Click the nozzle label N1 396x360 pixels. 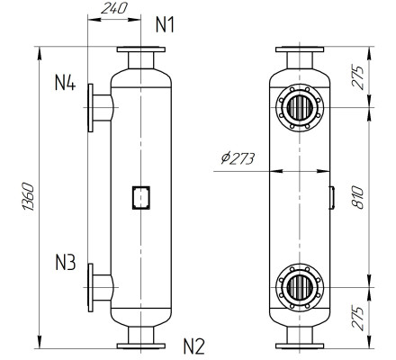[x=165, y=24]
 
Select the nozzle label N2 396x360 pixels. [x=194, y=346]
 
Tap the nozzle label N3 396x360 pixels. [x=64, y=264]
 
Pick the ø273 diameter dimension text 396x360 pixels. [x=238, y=159]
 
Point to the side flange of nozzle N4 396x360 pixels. [x=91, y=106]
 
